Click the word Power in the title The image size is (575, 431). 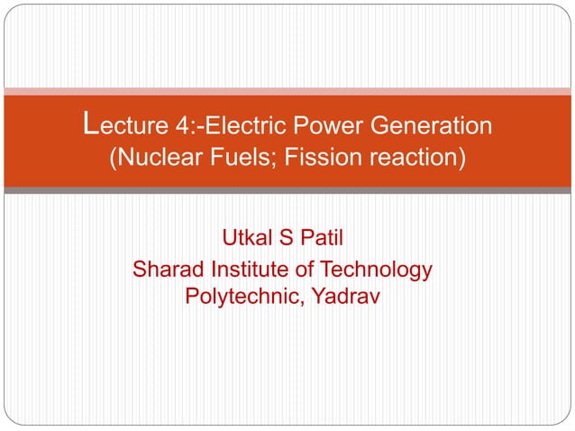330,125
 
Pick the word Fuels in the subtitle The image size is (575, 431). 238,160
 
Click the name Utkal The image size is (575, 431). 248,240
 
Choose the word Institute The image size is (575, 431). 248,269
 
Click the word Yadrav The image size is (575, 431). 346,295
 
